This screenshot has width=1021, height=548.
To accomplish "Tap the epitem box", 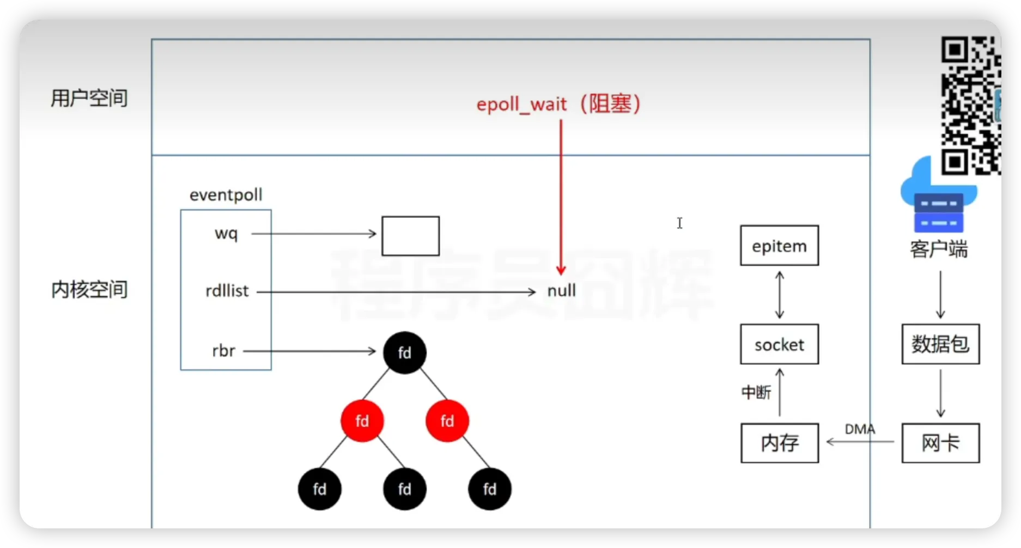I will (x=779, y=246).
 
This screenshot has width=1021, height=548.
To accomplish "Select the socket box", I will (x=779, y=344).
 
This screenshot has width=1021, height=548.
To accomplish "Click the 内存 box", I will (x=780, y=443).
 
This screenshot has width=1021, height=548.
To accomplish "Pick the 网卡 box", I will (x=940, y=443).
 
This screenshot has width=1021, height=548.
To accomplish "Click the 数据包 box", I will (x=940, y=344).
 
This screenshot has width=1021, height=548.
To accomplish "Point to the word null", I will (x=561, y=291).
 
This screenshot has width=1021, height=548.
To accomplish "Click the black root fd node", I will (x=404, y=352).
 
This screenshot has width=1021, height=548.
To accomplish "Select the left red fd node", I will (x=362, y=421).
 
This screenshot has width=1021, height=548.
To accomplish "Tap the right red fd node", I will (x=447, y=421).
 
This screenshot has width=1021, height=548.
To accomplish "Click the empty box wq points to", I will (x=410, y=236).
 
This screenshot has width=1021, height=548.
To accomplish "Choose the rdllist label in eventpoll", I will (x=227, y=291).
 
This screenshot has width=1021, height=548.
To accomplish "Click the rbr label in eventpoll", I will (x=223, y=351).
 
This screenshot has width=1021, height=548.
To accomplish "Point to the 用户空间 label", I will (x=89, y=98).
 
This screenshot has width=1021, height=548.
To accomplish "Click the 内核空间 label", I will (x=89, y=289).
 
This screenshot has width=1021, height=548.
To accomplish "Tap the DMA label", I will (x=860, y=429).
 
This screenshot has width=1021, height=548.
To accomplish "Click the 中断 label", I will (x=756, y=392).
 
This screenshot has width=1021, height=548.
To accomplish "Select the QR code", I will (x=970, y=105).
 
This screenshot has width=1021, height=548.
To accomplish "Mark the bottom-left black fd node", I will (x=319, y=489).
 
